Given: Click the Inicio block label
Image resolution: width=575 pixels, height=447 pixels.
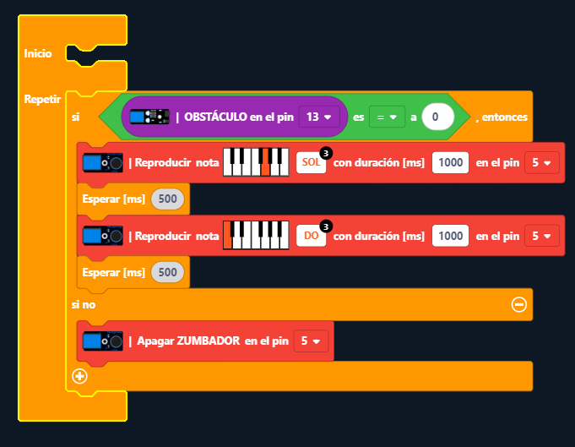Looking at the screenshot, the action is point(38,53).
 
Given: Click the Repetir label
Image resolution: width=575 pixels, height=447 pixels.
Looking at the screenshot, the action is point(42,99).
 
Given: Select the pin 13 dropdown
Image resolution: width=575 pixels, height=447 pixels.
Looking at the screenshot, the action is point(320,117).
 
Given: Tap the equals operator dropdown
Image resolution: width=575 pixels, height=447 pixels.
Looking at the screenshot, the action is point(387,117).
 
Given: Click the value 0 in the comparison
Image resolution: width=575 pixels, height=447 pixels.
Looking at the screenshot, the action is point(437,117).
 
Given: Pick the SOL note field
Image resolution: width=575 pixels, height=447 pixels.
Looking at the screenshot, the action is point(310,162).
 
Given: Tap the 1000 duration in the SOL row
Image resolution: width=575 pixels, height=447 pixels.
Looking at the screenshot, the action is point(450,162).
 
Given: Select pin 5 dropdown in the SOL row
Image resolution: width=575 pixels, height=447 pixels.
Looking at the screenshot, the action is point(541,162).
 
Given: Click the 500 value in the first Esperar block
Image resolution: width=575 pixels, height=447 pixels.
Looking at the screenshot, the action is point(167,199).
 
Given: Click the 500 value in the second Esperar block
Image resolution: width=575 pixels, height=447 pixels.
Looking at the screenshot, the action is point(167,272).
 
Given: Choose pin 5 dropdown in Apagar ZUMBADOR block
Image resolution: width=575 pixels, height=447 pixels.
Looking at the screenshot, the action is point(311,341).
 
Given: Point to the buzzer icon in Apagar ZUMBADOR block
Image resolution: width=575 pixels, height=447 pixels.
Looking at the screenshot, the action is point(102,341).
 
